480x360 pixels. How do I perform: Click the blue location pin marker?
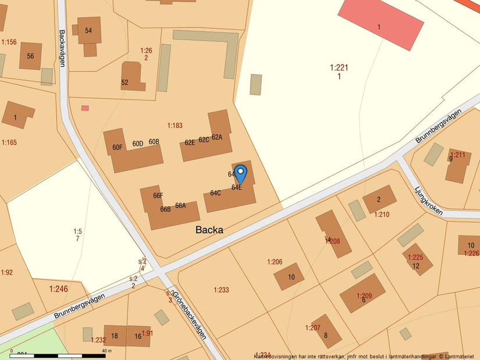(x=240, y=173)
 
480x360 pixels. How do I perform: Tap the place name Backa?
(x=209, y=230)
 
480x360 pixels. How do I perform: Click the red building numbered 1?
(x=381, y=24)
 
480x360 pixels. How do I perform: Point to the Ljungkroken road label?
(x=428, y=201)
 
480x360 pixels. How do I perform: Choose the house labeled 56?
(x=30, y=56)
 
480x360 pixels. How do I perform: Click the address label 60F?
(x=118, y=147)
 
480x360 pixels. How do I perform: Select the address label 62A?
(x=217, y=137)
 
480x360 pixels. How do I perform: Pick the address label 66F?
(x=158, y=195)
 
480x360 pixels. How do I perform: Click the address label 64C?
(x=215, y=193)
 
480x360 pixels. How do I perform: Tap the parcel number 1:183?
(x=175, y=126)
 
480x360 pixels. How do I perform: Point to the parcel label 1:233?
(x=221, y=290)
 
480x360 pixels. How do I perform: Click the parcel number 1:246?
(x=58, y=288)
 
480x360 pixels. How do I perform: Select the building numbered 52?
(x=125, y=83)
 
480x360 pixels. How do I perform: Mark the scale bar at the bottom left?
(x=58, y=355)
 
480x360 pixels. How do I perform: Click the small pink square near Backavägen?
(x=85, y=108)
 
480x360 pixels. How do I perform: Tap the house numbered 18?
(x=115, y=336)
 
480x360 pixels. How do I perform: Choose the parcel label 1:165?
(x=9, y=142)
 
